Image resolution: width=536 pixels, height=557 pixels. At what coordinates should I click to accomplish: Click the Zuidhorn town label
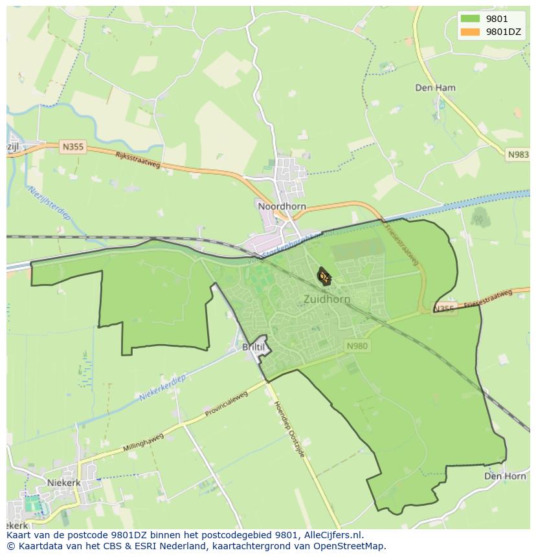point(326,300)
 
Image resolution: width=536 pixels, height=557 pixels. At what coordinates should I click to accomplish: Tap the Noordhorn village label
point(282,206)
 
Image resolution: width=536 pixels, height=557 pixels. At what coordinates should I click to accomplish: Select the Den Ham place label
point(435,87)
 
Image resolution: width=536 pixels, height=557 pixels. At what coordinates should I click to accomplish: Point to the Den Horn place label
point(505,476)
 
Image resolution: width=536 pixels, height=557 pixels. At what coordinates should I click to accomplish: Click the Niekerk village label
point(63,483)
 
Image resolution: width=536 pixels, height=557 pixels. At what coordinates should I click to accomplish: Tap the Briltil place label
point(253,347)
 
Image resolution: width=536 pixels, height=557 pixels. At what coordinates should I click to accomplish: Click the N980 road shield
point(357,346)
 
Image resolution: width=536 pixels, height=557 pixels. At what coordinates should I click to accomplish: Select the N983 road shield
point(518,155)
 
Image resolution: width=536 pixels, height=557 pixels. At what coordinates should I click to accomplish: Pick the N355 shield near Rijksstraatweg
point(73,147)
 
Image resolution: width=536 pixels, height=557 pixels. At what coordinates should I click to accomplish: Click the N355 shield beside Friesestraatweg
point(445,309)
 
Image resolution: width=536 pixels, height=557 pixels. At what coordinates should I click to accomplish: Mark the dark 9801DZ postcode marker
point(324,277)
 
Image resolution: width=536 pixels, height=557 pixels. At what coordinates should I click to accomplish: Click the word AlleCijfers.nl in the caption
point(329,536)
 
